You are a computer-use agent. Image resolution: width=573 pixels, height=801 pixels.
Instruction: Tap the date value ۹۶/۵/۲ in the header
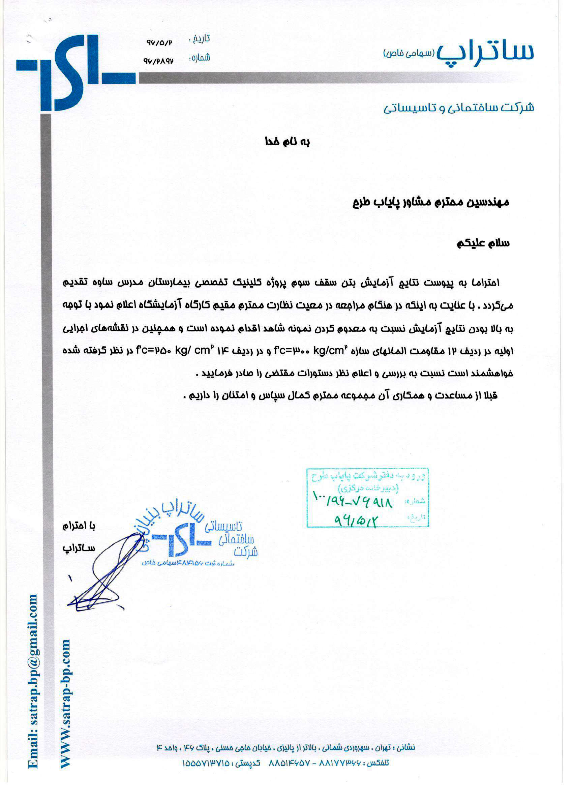159,43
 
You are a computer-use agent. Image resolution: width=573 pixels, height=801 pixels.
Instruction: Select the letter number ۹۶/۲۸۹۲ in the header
158,61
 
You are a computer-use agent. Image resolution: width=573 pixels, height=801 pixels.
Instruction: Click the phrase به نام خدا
287,142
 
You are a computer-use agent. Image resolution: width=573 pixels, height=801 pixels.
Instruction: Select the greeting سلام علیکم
483,243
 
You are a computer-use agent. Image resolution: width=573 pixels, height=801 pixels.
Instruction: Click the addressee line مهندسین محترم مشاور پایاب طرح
431,202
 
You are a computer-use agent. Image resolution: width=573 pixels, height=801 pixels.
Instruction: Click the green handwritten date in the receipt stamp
356,520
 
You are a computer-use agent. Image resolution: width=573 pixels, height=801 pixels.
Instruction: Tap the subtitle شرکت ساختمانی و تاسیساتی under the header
459,108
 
